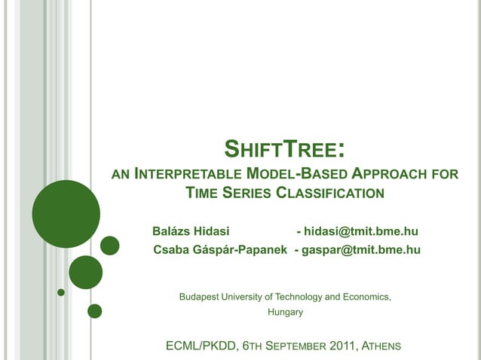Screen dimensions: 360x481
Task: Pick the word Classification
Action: [330, 193]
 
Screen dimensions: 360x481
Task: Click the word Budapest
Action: [200, 296]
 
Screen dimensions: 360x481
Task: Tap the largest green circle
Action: [66, 214]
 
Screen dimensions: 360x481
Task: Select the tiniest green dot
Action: [61, 292]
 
